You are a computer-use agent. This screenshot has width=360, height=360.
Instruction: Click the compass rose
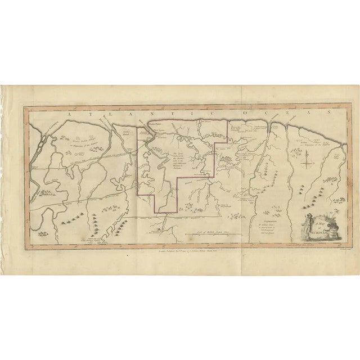[307, 164]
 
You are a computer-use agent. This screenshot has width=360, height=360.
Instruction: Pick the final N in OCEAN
[322, 113]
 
